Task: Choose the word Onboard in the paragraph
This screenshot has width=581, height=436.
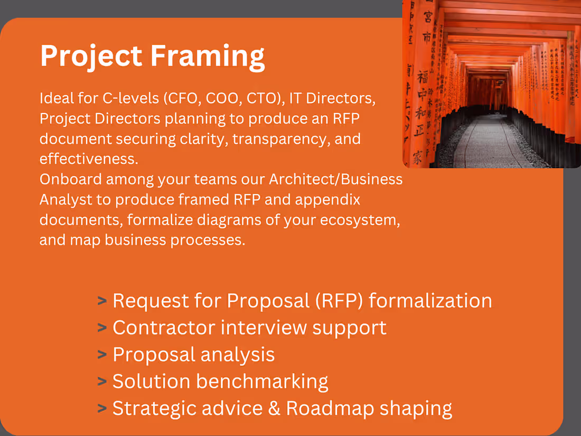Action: point(70,179)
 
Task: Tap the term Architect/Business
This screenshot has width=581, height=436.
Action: point(336,179)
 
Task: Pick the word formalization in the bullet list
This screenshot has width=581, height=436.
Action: point(430,301)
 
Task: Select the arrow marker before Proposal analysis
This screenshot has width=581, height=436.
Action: point(102,355)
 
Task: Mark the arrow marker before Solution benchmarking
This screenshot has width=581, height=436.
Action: point(102,382)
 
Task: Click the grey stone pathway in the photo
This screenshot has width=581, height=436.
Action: point(489,143)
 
